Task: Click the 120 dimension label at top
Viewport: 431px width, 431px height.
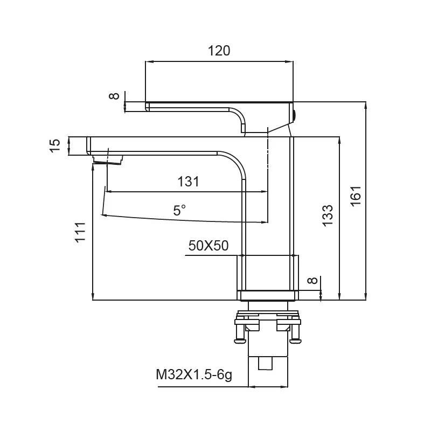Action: pyautogui.click(x=219, y=51)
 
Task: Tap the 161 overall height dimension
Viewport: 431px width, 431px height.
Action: pyautogui.click(x=356, y=196)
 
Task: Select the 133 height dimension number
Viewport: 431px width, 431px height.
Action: pyautogui.click(x=328, y=216)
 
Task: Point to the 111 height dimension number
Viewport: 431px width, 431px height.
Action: pyautogui.click(x=80, y=232)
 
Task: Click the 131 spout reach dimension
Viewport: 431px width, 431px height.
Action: pyautogui.click(x=188, y=182)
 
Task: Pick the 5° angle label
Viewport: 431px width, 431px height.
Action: pyautogui.click(x=179, y=211)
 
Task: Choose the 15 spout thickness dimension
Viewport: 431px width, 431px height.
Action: pyautogui.click(x=55, y=145)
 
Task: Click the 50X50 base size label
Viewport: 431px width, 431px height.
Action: pyautogui.click(x=208, y=246)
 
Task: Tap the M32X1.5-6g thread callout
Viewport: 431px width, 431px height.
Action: pyautogui.click(x=194, y=374)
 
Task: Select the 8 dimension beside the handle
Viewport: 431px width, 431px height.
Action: pyautogui.click(x=114, y=96)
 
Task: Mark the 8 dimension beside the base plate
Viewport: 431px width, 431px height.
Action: pyautogui.click(x=312, y=280)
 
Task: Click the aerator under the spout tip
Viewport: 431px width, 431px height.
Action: pyautogui.click(x=107, y=159)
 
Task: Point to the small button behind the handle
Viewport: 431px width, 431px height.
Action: pyautogui.click(x=294, y=115)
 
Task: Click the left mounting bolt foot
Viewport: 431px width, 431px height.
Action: pyautogui.click(x=241, y=341)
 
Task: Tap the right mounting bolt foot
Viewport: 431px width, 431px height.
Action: pyautogui.click(x=295, y=341)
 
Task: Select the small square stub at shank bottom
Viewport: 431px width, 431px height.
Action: pyautogui.click(x=266, y=363)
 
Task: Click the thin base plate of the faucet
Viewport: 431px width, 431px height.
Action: pyautogui.click(x=268, y=295)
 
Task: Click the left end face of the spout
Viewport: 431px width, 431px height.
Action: pyautogui.click(x=88, y=145)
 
